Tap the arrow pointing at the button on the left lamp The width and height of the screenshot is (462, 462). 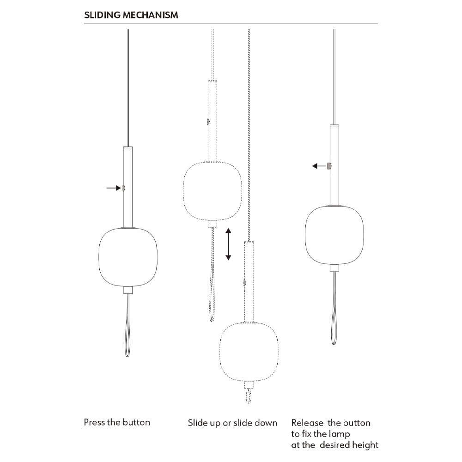114,188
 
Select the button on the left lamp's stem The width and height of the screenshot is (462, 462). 124,188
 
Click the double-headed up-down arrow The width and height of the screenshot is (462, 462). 228,244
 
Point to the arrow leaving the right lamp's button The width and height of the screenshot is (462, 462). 319,166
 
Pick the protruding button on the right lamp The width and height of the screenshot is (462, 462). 329,166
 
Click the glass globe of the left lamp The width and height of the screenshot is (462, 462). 128,256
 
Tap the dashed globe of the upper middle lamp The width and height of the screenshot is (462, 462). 213,191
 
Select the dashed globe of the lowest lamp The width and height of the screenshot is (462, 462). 249,352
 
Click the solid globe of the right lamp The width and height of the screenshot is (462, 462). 334,235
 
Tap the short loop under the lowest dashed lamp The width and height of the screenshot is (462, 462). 249,396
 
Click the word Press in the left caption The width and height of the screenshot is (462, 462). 94,422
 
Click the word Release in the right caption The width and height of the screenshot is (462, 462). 307,423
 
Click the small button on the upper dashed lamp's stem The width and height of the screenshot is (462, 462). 208,122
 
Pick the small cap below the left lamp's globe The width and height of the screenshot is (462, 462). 128,290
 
